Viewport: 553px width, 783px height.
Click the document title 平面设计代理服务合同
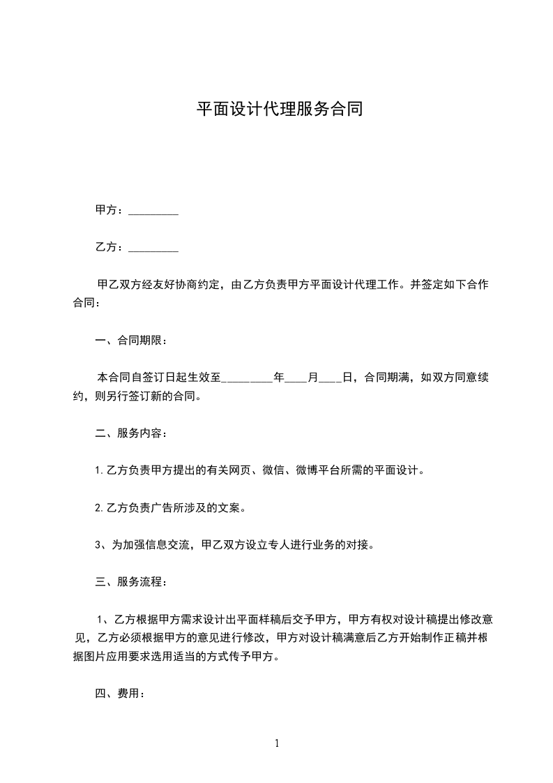[x=279, y=110]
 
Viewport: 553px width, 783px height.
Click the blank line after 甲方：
[x=153, y=211]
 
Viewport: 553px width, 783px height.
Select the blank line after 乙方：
[x=153, y=248]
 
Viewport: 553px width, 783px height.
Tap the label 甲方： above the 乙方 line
[x=109, y=210]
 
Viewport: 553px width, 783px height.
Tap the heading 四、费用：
[x=120, y=694]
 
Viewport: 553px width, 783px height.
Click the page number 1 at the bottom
[x=277, y=743]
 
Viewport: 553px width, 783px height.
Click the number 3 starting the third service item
[x=98, y=545]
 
